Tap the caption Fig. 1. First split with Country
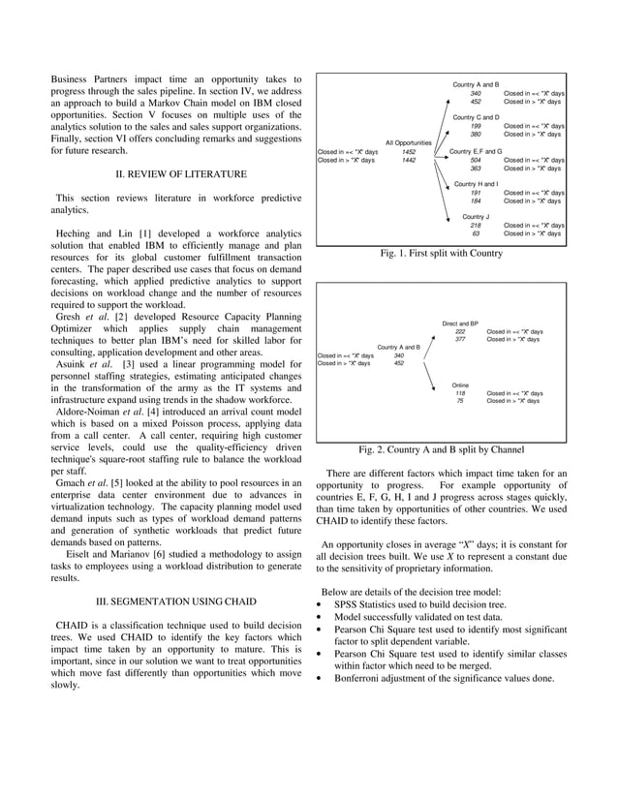click(x=443, y=253)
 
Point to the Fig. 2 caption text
click(x=442, y=450)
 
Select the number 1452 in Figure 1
click(x=409, y=152)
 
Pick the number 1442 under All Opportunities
click(x=409, y=161)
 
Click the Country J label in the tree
click(x=476, y=217)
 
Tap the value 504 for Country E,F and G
click(x=476, y=160)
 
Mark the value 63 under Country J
click(x=476, y=233)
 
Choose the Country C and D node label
click(x=476, y=117)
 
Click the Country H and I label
click(x=476, y=184)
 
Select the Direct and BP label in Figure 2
click(x=460, y=323)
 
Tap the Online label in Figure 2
click(x=460, y=385)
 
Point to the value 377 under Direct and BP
click(x=460, y=339)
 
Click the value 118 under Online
click(x=460, y=393)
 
